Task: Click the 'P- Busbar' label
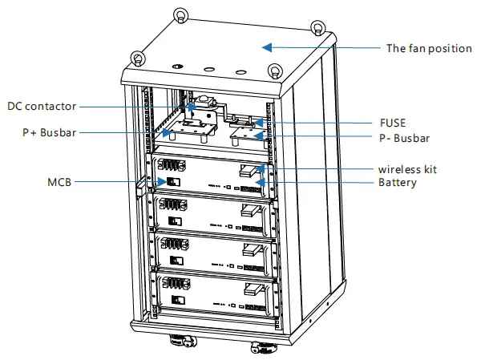click(x=403, y=139)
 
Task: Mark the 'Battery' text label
click(x=398, y=183)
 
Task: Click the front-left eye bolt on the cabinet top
click(x=138, y=59)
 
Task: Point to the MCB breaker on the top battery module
click(x=170, y=183)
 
